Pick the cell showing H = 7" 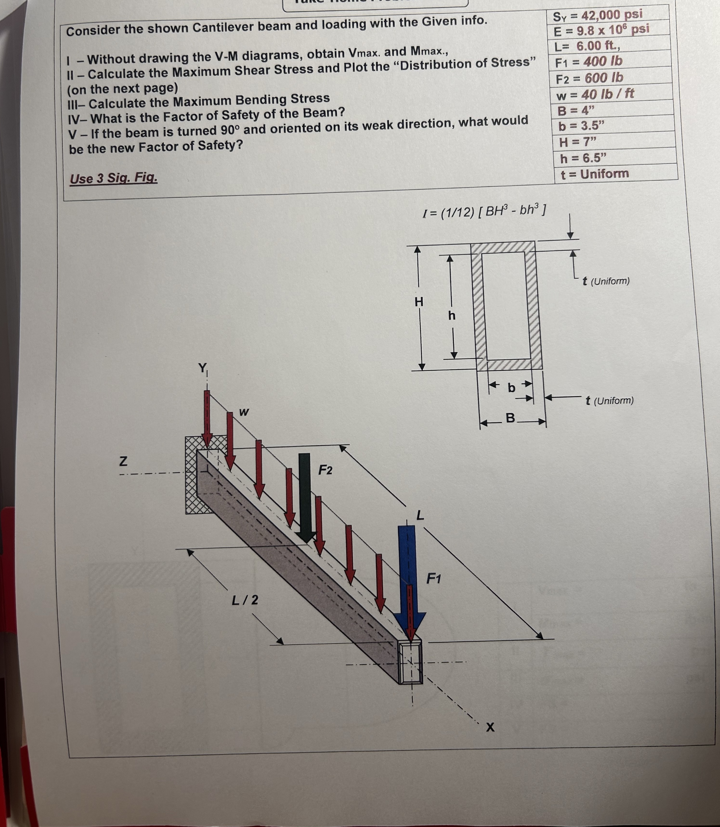point(577,141)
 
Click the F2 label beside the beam point(326,470)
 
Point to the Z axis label point(123,461)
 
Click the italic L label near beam point(420,515)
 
